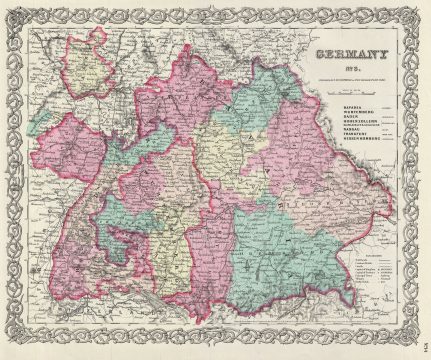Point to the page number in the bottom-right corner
419,343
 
